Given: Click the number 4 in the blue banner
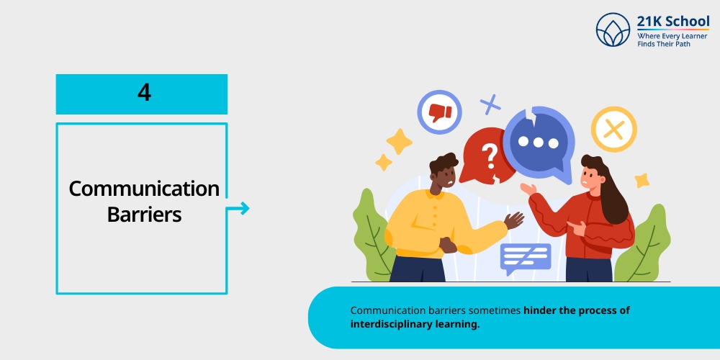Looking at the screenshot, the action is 144,93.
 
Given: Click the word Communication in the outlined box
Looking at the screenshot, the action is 144,189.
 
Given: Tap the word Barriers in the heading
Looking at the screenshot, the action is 144,214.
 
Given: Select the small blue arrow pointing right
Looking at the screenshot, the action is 238,209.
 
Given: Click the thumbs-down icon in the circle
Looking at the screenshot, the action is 440,112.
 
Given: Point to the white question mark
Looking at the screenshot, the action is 491,156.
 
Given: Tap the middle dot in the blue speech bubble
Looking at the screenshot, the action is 538,143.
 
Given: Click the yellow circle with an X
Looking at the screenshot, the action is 614,130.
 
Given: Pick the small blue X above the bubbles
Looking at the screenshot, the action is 490,104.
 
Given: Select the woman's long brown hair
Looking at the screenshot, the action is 607,188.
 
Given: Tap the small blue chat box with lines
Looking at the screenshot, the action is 526,258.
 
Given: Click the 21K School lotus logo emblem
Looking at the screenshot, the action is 613,30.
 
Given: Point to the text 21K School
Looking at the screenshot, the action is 672,22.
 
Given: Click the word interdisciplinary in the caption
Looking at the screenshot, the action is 391,324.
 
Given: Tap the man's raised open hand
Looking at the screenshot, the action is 514,220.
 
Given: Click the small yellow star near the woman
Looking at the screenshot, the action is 642,181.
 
